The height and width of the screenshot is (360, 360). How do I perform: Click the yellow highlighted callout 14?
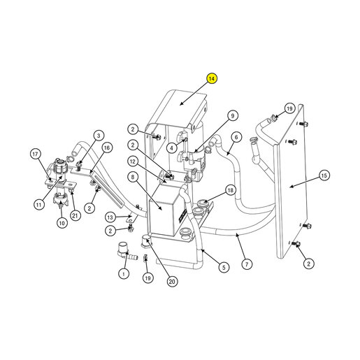[212, 79]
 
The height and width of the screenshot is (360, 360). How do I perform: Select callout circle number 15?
[324, 175]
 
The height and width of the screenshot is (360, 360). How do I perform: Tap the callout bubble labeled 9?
[232, 116]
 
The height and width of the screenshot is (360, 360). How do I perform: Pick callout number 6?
[236, 137]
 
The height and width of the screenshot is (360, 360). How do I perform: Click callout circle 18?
[230, 190]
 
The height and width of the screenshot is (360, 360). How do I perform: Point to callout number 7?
[247, 264]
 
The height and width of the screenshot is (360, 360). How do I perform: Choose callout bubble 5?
[224, 267]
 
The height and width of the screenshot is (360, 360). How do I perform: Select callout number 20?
[172, 282]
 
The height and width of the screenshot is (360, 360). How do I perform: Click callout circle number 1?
[124, 273]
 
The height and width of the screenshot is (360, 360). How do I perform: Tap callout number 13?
[110, 217]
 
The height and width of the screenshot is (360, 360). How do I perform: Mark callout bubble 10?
[62, 223]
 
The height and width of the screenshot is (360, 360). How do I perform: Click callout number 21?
[75, 215]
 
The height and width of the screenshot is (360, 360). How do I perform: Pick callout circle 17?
[35, 154]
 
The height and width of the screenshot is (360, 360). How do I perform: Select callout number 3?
[99, 136]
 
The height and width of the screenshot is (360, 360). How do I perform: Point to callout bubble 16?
[107, 147]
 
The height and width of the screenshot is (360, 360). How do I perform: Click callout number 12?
[133, 161]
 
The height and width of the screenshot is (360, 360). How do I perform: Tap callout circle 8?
[133, 177]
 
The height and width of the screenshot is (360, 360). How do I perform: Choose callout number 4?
[172, 147]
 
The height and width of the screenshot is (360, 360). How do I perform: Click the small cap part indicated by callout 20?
[145, 240]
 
